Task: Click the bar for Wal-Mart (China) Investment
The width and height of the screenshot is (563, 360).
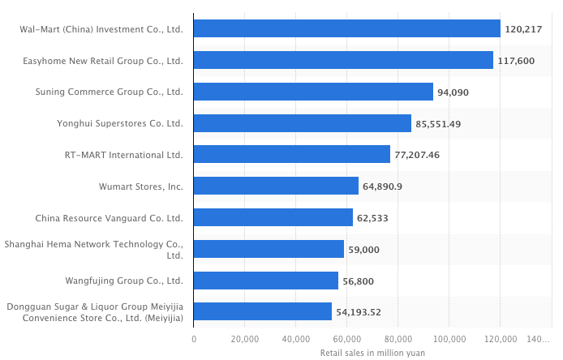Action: (x=347, y=29)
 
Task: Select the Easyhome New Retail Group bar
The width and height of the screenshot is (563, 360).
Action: (x=343, y=61)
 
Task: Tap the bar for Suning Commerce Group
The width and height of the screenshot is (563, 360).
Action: (x=313, y=92)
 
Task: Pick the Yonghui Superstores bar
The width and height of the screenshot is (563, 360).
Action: (x=303, y=123)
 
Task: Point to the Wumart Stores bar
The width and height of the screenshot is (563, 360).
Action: (x=276, y=186)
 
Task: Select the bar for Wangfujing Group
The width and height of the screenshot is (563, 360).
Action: (x=266, y=281)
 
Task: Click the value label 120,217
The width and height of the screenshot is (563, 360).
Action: (x=523, y=29)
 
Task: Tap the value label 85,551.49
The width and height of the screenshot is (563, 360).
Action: (x=438, y=124)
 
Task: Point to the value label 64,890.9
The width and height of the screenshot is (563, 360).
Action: (x=383, y=186)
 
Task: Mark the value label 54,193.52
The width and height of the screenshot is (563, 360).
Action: (x=359, y=312)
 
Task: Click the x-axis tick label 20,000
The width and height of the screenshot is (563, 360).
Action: (x=245, y=339)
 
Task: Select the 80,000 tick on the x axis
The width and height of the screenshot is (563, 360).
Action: (x=398, y=339)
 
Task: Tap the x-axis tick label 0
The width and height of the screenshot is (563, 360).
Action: (x=194, y=339)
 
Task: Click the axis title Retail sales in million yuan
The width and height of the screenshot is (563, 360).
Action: (x=372, y=353)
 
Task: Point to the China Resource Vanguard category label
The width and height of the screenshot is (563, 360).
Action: (x=109, y=218)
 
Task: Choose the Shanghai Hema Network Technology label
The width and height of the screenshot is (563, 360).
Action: (x=94, y=249)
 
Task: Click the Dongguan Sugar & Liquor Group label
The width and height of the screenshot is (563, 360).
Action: (x=95, y=312)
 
